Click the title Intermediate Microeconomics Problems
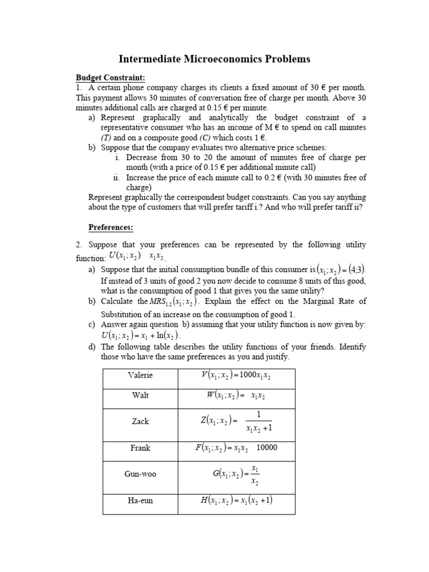point(214,59)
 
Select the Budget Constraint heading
point(110,77)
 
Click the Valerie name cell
point(140,375)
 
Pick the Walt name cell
point(140,395)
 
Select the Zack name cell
point(140,421)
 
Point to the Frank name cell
point(140,448)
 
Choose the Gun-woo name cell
point(140,474)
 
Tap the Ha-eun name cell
point(140,500)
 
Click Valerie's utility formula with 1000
point(236,375)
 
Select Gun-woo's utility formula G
point(236,474)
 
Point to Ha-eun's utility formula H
point(236,500)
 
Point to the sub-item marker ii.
point(116,178)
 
